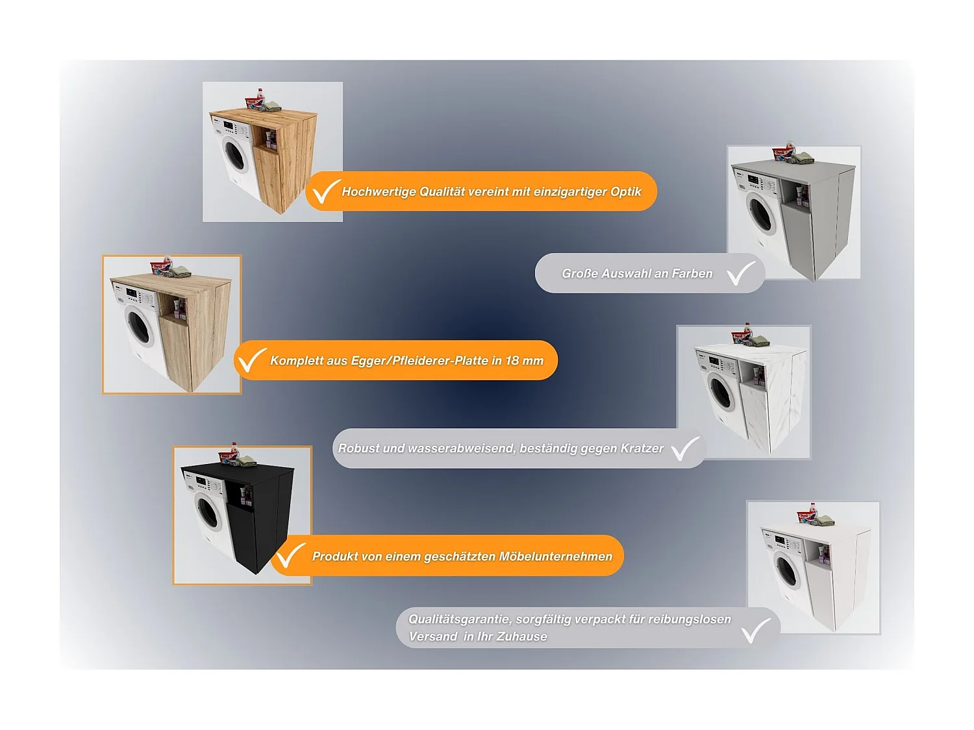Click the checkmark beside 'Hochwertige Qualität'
[x=325, y=191]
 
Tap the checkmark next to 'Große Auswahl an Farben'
[x=741, y=273]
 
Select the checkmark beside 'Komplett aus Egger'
[x=251, y=360]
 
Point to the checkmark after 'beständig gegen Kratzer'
[x=685, y=448]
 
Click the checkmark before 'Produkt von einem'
[x=290, y=555]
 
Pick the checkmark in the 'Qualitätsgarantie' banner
[x=756, y=630]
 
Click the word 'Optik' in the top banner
[x=626, y=192]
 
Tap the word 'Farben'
[x=692, y=274]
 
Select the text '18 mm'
[x=525, y=361]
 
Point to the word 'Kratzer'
[x=642, y=448]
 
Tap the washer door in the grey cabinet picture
[x=761, y=214]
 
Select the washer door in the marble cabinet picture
[x=721, y=393]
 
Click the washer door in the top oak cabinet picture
[x=234, y=154]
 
